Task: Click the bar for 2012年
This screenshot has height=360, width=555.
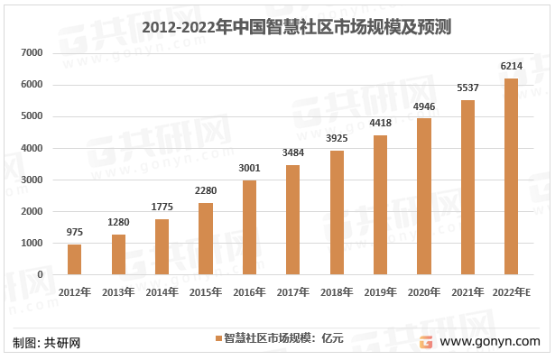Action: (74, 260)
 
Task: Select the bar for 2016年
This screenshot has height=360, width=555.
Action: (249, 227)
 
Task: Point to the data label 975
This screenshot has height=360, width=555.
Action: (74, 232)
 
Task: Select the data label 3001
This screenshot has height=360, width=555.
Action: (249, 168)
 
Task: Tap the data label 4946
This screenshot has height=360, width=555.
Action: (424, 106)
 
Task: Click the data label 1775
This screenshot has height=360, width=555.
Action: (162, 207)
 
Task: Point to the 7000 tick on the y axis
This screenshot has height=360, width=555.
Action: (32, 53)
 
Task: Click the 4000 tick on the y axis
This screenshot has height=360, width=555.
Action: (32, 148)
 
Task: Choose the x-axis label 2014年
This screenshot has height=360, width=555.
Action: (162, 292)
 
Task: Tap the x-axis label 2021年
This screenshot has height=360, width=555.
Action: (467, 292)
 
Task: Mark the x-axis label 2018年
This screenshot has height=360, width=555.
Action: (337, 292)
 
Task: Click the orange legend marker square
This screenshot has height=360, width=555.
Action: (217, 338)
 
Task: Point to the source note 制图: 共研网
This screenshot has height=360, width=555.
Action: (47, 343)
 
